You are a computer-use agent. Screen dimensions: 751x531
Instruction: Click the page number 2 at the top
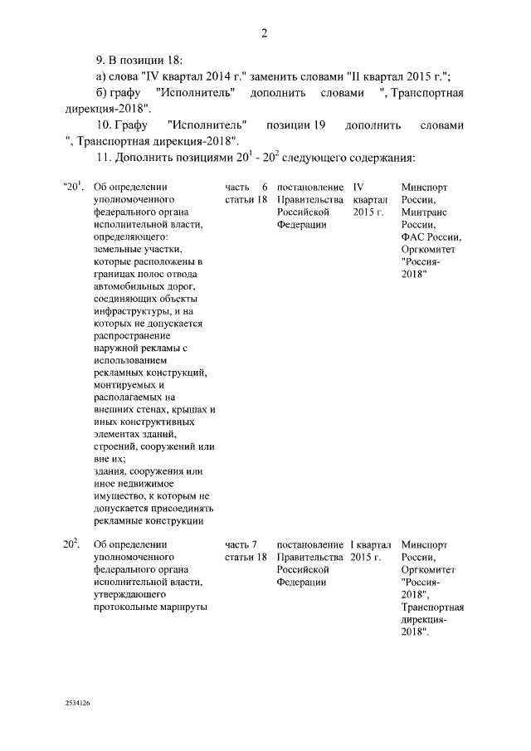tap(265, 33)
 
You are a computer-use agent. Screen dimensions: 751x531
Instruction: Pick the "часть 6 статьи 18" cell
tap(246, 194)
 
